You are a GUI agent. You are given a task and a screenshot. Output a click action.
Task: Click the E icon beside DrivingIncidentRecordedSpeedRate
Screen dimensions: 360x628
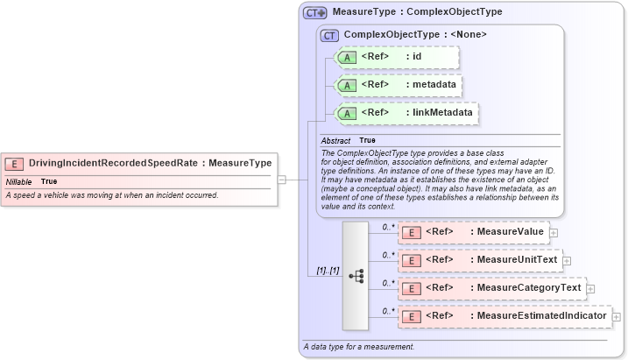[15, 163]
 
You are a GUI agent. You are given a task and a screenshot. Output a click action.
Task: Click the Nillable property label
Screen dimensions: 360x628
[18, 181]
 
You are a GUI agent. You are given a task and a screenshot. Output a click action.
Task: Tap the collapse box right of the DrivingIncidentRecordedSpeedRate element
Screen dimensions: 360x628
[282, 180]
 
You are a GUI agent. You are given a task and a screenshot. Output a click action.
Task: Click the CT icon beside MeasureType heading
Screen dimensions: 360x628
[314, 13]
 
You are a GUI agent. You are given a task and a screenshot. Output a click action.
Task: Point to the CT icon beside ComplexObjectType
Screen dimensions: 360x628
[330, 35]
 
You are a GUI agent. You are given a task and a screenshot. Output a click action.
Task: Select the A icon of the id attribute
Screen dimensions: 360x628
[347, 57]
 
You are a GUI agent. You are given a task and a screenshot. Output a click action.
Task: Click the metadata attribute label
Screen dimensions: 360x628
[435, 85]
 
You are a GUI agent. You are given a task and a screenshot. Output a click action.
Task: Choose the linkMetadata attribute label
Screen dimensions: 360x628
[442, 113]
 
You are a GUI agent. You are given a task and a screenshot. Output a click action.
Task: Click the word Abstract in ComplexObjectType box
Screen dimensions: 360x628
[335, 140]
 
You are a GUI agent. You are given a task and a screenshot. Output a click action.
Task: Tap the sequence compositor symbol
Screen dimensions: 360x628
[356, 274]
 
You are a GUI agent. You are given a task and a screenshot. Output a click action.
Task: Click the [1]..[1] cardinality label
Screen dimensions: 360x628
[328, 272]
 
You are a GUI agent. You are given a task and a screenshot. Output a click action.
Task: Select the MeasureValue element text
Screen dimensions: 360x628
[507, 232]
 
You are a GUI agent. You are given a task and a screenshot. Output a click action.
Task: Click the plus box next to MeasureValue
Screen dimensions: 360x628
[554, 233]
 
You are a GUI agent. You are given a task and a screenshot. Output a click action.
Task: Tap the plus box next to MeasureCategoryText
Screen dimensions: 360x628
[589, 288]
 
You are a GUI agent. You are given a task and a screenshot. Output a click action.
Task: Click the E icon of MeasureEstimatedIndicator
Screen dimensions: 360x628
[411, 316]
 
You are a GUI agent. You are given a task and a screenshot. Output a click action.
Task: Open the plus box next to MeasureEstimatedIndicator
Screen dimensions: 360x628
[617, 316]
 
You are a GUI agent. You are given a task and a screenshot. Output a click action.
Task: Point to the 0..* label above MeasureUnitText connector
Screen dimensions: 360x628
[387, 255]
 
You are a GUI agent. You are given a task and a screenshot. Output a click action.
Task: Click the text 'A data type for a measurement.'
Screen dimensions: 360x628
[358, 347]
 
